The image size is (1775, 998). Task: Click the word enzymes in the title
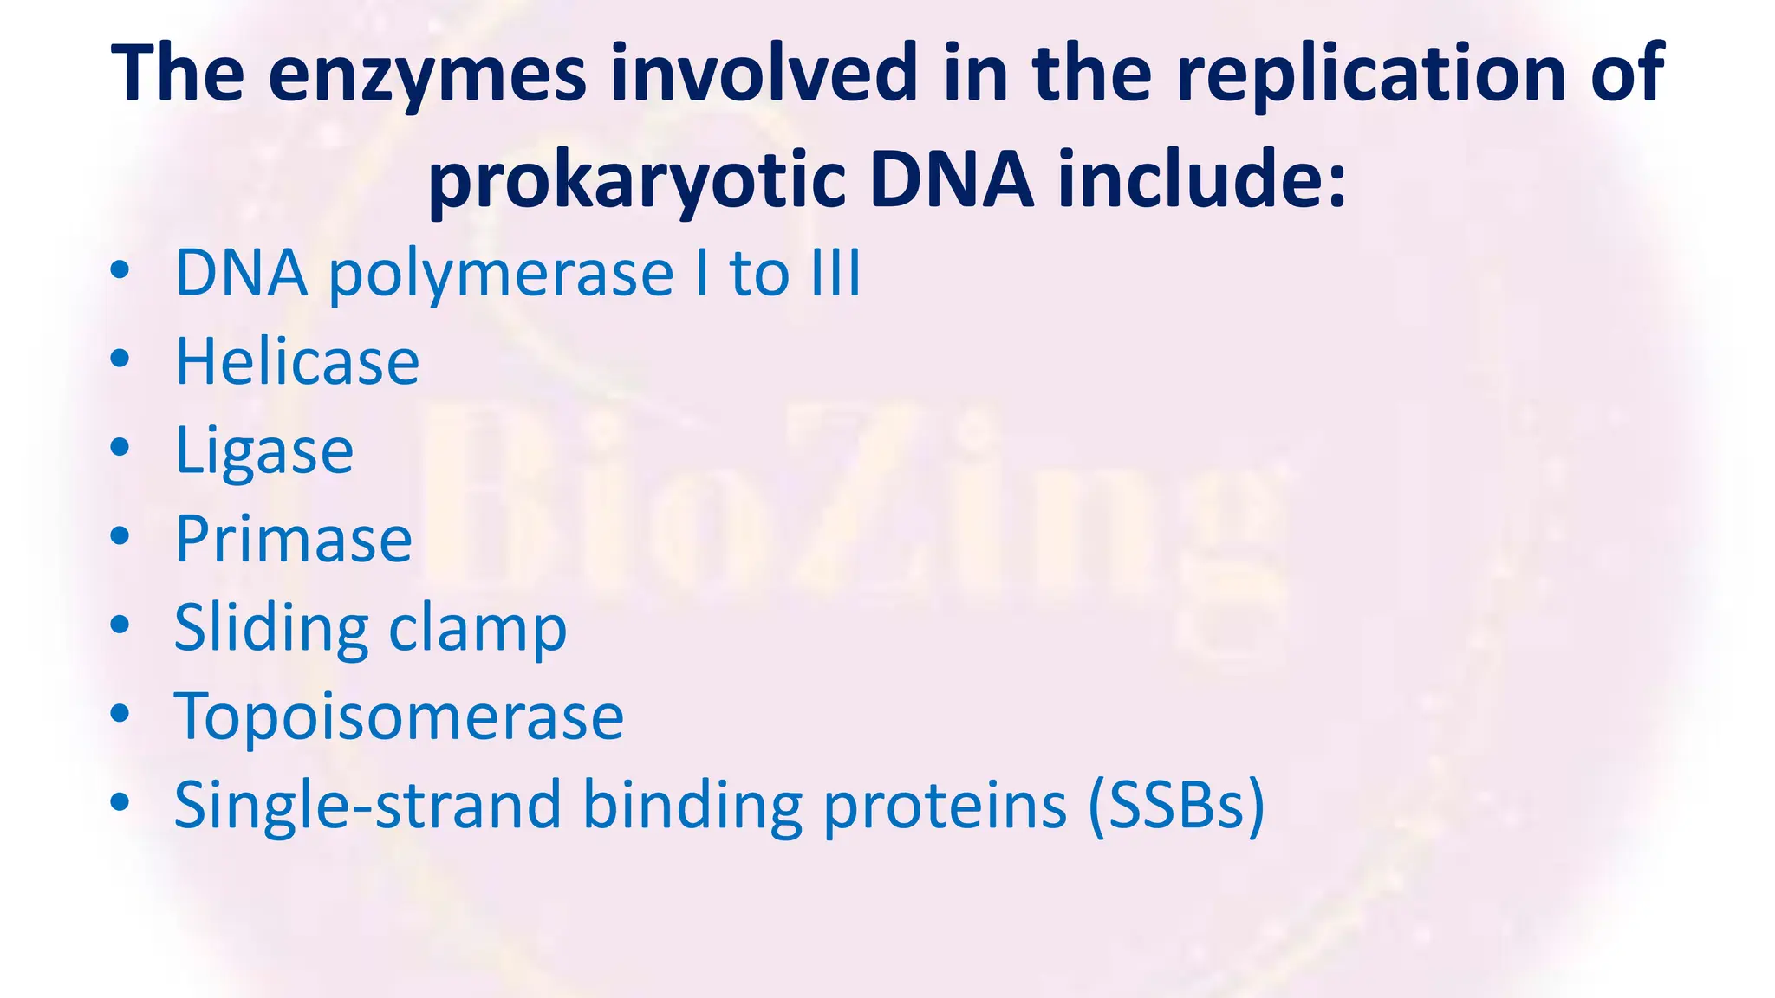[x=426, y=74]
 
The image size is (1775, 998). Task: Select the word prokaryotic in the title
[x=637, y=180]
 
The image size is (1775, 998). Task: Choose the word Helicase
[x=297, y=361]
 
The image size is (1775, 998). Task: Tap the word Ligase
[x=264, y=451]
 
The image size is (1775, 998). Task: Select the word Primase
[x=294, y=539]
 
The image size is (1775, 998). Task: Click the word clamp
[x=478, y=628]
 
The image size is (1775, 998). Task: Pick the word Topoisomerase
[x=399, y=716]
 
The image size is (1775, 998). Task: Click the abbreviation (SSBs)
[x=1177, y=806]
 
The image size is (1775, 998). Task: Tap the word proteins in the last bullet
[x=945, y=806]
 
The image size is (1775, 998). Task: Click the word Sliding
[x=271, y=628]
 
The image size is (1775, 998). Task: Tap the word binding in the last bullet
[x=692, y=806]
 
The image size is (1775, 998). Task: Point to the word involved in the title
[x=764, y=74]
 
